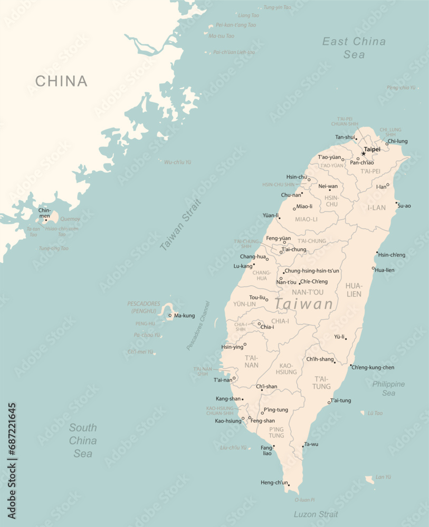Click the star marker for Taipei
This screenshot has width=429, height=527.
[363, 153]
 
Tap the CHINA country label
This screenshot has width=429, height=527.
[61, 81]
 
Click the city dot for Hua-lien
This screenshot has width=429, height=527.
[373, 268]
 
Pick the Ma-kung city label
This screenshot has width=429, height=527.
[185, 316]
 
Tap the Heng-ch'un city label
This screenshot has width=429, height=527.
[274, 482]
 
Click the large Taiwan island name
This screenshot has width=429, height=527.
[304, 304]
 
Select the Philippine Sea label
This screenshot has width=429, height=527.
[388, 388]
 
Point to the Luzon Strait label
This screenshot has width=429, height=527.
[316, 514]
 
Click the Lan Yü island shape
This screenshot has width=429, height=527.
[370, 480]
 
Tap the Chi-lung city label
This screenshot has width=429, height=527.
[397, 141]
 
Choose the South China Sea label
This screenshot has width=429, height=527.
[83, 441]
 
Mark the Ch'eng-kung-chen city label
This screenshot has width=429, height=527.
[373, 367]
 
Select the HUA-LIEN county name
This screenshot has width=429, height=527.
[354, 289]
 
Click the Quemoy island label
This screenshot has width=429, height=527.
[70, 219]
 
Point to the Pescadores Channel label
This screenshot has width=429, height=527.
[198, 326]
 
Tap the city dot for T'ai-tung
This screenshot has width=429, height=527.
[329, 403]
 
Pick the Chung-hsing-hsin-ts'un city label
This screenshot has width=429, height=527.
[312, 271]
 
